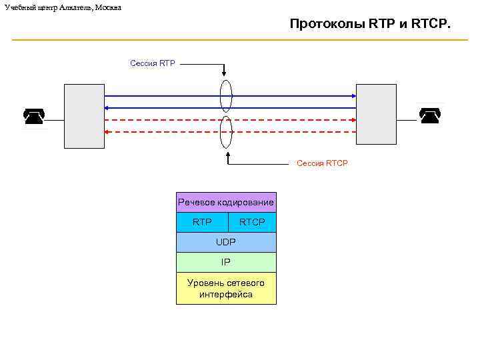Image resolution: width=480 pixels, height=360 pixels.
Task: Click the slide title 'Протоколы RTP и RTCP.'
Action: coord(370,24)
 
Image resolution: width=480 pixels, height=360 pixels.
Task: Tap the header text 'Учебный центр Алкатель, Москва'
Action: coord(63,7)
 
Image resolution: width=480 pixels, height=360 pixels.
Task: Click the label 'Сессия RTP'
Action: coord(153,63)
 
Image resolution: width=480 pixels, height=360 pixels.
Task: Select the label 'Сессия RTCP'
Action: coord(322,163)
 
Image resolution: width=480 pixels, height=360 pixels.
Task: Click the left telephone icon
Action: coord(33,116)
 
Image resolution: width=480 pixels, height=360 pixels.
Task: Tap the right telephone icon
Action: coord(430,116)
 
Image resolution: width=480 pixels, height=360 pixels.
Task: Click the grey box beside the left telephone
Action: coord(84,116)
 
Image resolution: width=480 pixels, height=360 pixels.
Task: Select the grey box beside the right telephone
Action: coord(376,116)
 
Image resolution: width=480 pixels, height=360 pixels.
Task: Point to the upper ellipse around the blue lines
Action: coord(226,96)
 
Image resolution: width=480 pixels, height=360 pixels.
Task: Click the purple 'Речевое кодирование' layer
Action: coord(226,202)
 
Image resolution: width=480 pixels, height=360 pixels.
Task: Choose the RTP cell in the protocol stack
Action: coord(202,222)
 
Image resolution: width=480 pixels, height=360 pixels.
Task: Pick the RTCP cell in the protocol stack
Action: coord(252,222)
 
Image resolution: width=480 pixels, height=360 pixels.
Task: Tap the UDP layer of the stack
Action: coord(226,242)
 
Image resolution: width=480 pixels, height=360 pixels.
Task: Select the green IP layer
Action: coord(226,262)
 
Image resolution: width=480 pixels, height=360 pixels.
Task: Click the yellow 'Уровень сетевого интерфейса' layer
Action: coord(226,288)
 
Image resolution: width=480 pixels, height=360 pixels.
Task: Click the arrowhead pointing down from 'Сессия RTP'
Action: coord(225,73)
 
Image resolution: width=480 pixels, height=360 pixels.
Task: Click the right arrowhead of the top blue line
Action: coord(353,96)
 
